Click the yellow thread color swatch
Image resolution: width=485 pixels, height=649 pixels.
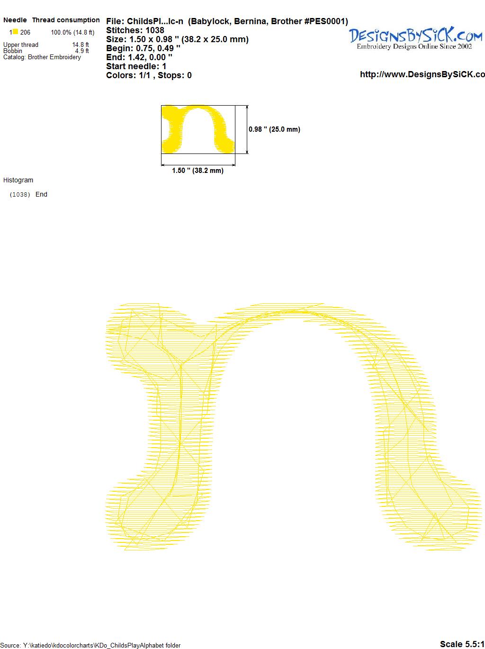coord(15,32)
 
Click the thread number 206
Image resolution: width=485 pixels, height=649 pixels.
coord(25,32)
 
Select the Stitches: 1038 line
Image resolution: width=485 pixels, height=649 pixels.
coord(135,30)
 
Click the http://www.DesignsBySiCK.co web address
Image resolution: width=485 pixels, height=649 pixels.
coord(422,74)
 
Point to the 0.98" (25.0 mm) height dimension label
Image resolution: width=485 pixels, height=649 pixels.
coord(274,129)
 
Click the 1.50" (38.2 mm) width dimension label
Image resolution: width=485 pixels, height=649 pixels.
coord(198,171)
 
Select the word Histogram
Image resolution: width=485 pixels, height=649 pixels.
coord(18,180)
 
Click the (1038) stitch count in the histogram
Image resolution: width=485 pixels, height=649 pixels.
coord(20,195)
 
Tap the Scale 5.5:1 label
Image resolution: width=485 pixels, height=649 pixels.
coord(462,644)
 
